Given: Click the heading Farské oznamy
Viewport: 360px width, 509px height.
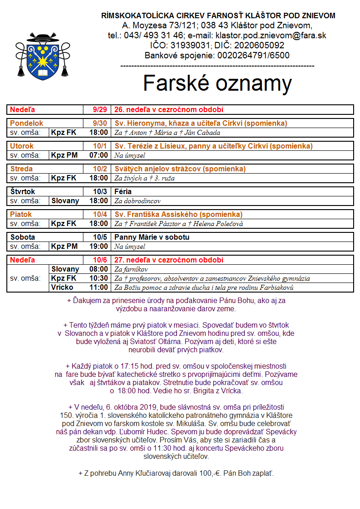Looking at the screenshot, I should [x=217, y=83].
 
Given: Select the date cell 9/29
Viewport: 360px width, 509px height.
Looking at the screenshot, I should [x=100, y=109].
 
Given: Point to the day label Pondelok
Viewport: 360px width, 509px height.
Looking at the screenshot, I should [x=27, y=123].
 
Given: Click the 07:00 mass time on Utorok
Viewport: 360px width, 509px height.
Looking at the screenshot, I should [x=99, y=155].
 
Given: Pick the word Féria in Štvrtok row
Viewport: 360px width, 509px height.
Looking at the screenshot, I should [x=123, y=192].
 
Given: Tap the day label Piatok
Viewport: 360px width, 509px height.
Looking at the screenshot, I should [x=21, y=214].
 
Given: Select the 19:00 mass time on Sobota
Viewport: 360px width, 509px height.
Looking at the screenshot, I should [x=99, y=247].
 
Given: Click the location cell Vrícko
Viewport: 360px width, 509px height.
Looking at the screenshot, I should [x=62, y=288].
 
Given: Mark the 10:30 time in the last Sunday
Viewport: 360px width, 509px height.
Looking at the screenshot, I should [x=99, y=278].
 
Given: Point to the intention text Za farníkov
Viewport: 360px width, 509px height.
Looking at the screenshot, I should [x=131, y=269].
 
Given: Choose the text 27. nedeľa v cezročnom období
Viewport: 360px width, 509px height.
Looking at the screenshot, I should [x=169, y=260].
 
